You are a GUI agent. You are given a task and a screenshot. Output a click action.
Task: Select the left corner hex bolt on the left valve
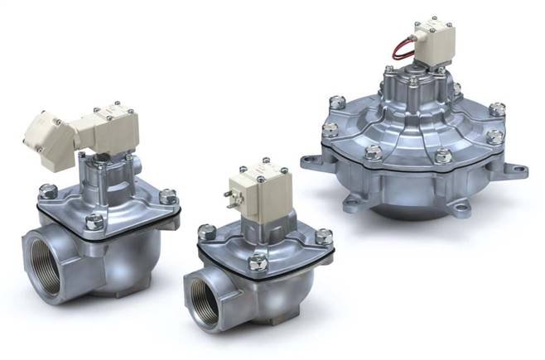click(48, 191)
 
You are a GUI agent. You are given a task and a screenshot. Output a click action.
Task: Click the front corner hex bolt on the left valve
click(95, 221)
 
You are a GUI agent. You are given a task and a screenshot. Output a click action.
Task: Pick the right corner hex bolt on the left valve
click(167, 196)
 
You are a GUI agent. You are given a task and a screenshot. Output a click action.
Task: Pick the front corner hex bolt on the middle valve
click(258, 262)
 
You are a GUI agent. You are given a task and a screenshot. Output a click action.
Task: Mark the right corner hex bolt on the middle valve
click(323, 237)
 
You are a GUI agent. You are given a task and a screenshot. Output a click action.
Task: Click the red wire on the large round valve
click(403, 48)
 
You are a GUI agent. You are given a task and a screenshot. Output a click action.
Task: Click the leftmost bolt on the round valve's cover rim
click(330, 129)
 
